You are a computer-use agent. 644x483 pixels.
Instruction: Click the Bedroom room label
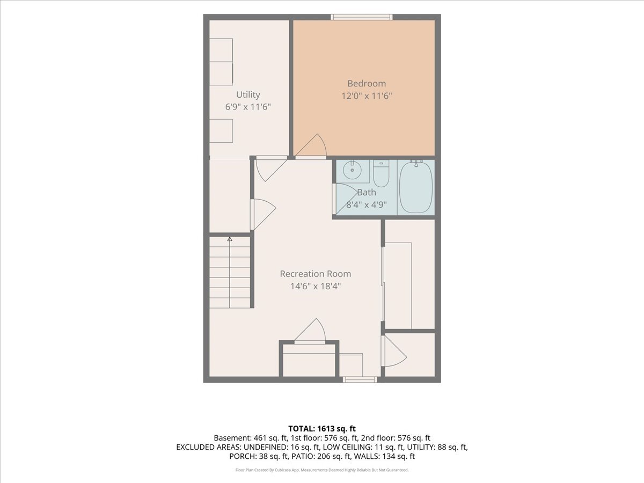coord(367,84)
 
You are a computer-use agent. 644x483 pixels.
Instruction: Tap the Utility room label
coord(248,95)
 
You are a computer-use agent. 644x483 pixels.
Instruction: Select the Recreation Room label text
coord(316,274)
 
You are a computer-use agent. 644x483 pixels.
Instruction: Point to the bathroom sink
coord(352,170)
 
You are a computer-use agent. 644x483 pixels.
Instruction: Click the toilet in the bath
coord(381,173)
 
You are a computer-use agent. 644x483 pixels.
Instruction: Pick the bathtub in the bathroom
coord(416,187)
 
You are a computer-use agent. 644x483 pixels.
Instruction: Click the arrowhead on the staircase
coord(230,239)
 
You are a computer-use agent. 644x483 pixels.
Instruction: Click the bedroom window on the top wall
coord(362,17)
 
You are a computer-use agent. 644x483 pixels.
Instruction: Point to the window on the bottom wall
coord(360,380)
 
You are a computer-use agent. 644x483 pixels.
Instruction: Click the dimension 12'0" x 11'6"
coord(367,96)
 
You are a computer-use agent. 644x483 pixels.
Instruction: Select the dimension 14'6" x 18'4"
coord(316,286)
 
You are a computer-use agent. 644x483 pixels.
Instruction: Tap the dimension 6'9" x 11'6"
coord(248,107)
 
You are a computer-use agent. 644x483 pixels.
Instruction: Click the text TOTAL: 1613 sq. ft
coord(322,429)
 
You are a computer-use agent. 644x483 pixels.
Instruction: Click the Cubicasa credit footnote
coord(322,470)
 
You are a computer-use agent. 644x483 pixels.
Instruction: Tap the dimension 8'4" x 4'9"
coord(367,204)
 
